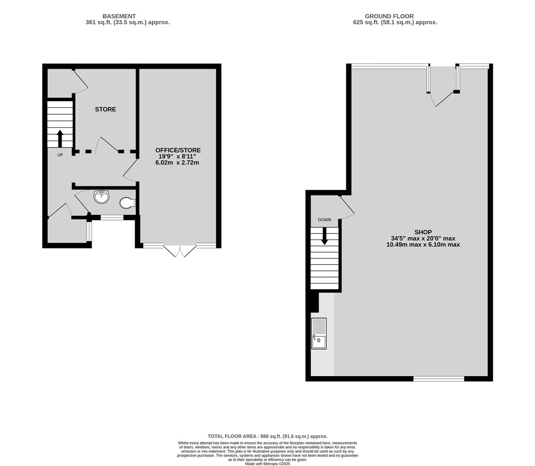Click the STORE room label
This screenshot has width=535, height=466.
click(105, 109)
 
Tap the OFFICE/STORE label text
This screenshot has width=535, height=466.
click(178, 150)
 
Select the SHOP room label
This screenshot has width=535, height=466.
click(423, 232)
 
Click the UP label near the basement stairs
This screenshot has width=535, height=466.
click(60, 155)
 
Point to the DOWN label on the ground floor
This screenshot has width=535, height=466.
click(325, 220)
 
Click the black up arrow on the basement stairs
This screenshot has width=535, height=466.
click(60, 139)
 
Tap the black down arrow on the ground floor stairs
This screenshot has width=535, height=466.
click(325, 236)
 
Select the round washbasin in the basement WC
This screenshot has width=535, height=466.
click(102, 197)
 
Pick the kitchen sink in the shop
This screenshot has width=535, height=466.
click(319, 333)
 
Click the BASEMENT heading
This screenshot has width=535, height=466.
click(119, 16)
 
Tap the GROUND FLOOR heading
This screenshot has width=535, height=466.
click(389, 16)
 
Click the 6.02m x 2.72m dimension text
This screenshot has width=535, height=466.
click(177, 163)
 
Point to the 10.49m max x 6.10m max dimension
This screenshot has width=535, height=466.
click(423, 245)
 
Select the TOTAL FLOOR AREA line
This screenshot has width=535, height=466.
click(268, 436)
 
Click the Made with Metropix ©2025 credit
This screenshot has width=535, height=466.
click(268, 464)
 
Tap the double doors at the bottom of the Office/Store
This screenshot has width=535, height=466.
click(180, 251)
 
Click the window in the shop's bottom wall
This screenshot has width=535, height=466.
click(439, 378)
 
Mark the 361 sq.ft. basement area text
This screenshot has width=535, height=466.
click(128, 22)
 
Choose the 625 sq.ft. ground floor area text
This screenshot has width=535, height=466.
click(395, 22)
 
